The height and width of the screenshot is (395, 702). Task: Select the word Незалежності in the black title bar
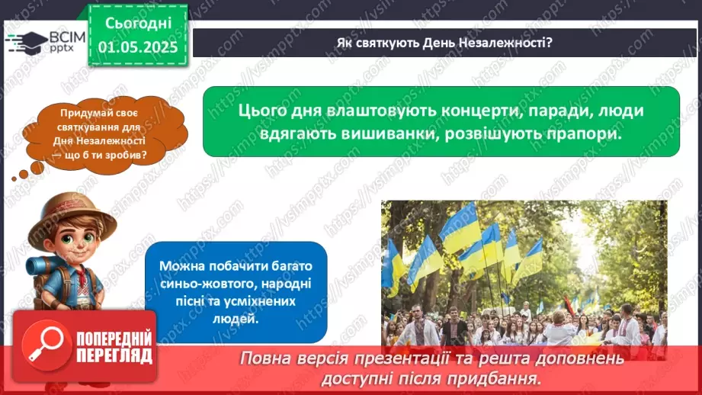(x=506, y=43)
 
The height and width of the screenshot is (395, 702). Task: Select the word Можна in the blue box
(x=181, y=265)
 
